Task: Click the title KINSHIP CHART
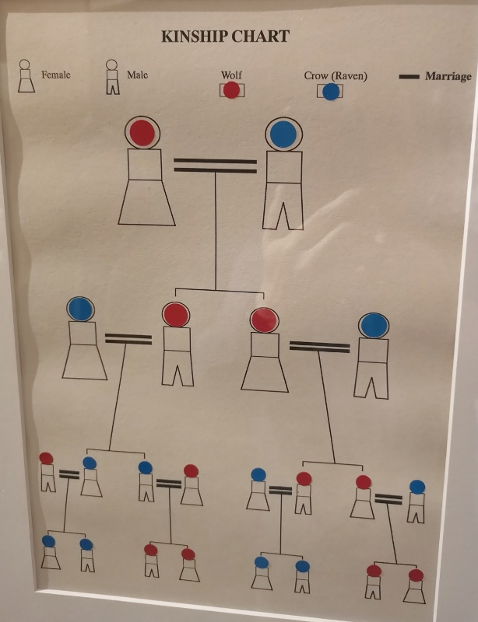[x=225, y=37]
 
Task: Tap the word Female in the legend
[x=56, y=75]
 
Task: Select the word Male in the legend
[x=138, y=75]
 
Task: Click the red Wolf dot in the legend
[x=231, y=90]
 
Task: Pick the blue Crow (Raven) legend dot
[x=331, y=92]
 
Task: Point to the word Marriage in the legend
[x=448, y=76]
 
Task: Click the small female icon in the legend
[x=26, y=76]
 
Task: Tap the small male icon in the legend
[x=112, y=77]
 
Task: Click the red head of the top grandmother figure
[x=142, y=132]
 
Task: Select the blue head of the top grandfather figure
[x=283, y=134]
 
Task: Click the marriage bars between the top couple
[x=216, y=166]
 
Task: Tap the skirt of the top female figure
[x=146, y=202]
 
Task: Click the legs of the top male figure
[x=283, y=206]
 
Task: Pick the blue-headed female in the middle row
[x=83, y=338]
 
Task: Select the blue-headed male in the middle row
[x=372, y=356]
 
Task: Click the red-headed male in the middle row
[x=177, y=344]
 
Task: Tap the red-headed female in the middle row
[x=265, y=350]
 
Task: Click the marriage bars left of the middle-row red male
[x=128, y=339]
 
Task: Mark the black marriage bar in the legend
[x=409, y=76]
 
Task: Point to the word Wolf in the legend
[x=231, y=75]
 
